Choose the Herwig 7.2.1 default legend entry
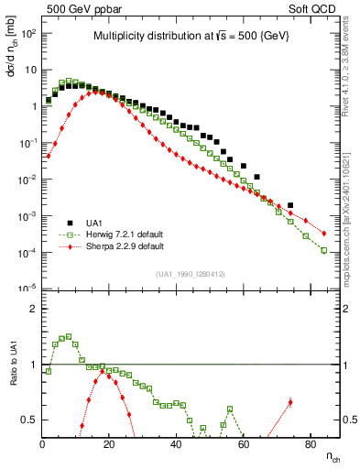coord(119,234)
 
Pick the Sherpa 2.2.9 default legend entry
coord(119,246)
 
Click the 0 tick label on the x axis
coord(43,445)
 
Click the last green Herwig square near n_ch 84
coord(324,250)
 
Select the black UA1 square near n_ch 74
coord(290,205)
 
